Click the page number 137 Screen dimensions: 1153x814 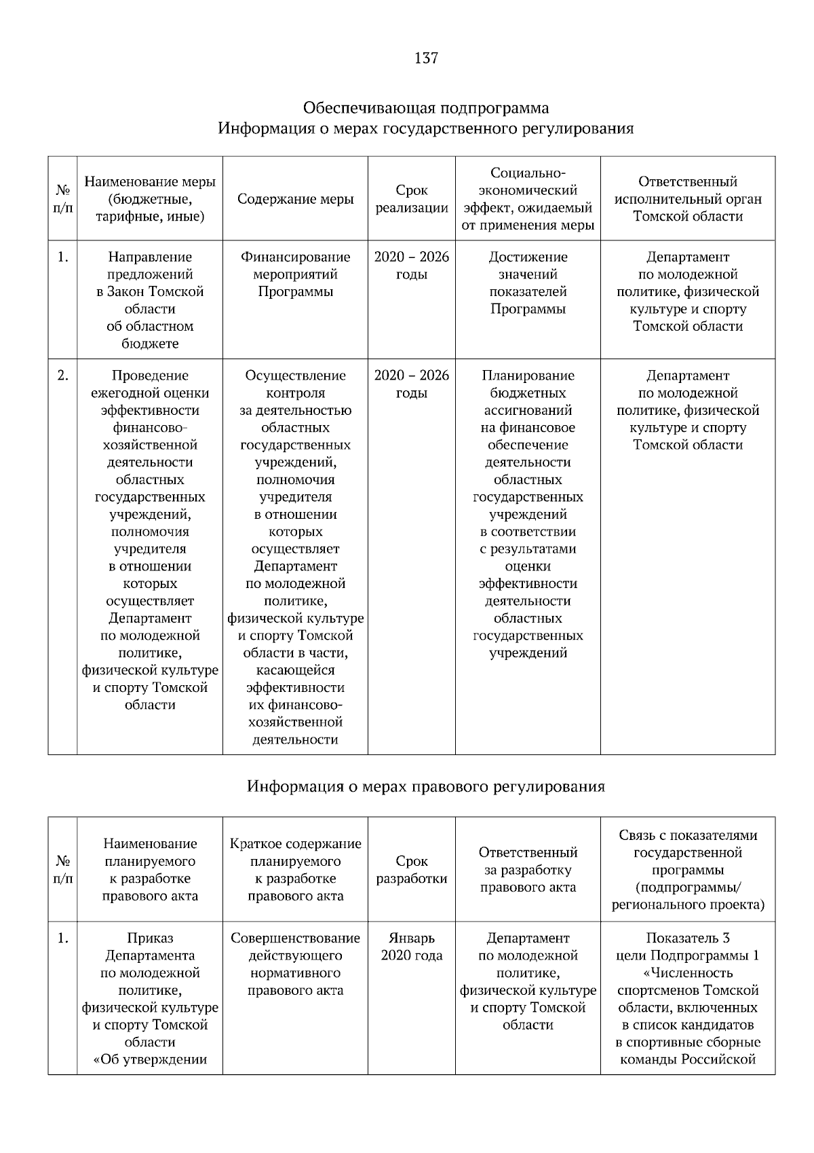[426, 58]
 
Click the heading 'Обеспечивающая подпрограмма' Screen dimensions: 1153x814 [425, 108]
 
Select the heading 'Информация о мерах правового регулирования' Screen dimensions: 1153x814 [425, 786]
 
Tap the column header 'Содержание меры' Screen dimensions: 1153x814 [295, 199]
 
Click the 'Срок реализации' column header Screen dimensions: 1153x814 [412, 199]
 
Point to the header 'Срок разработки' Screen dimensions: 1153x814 [412, 870]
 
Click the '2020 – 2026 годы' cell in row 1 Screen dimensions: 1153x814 [412, 266]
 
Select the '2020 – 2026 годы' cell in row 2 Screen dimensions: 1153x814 [412, 384]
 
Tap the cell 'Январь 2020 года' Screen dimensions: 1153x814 [412, 947]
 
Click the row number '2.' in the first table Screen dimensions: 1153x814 [62, 376]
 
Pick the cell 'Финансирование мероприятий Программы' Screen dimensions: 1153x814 [295, 274]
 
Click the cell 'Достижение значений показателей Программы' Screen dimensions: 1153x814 [528, 283]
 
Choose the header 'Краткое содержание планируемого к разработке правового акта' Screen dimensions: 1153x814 [295, 870]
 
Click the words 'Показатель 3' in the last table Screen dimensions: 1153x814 [687, 938]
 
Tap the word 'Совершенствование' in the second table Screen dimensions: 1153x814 [295, 938]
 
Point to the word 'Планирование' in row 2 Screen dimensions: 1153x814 [528, 376]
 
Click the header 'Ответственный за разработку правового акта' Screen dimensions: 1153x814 [528, 870]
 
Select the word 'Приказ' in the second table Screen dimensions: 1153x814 [150, 938]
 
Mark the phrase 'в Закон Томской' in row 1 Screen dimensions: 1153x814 [150, 292]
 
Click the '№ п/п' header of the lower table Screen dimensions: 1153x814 [62, 870]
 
